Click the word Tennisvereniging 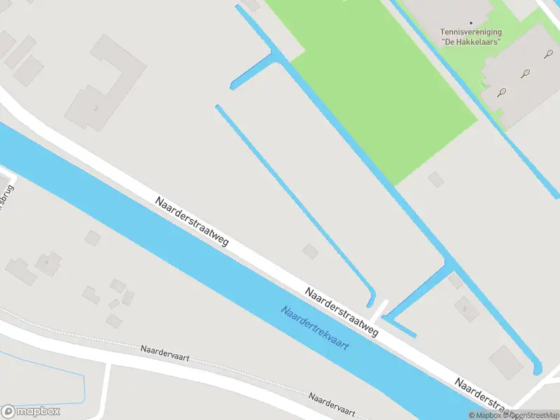click(x=470, y=31)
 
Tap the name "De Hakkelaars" click(x=470, y=42)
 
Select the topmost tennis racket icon click(x=547, y=53)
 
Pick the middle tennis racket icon click(x=525, y=72)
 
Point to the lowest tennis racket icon click(x=502, y=92)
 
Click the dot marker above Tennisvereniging click(x=470, y=22)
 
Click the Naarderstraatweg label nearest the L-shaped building click(x=192, y=220)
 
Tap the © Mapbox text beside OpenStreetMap click(x=486, y=415)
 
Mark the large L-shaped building click(x=105, y=84)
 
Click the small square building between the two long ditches click(x=309, y=251)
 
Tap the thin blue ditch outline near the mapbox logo click(x=83, y=385)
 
